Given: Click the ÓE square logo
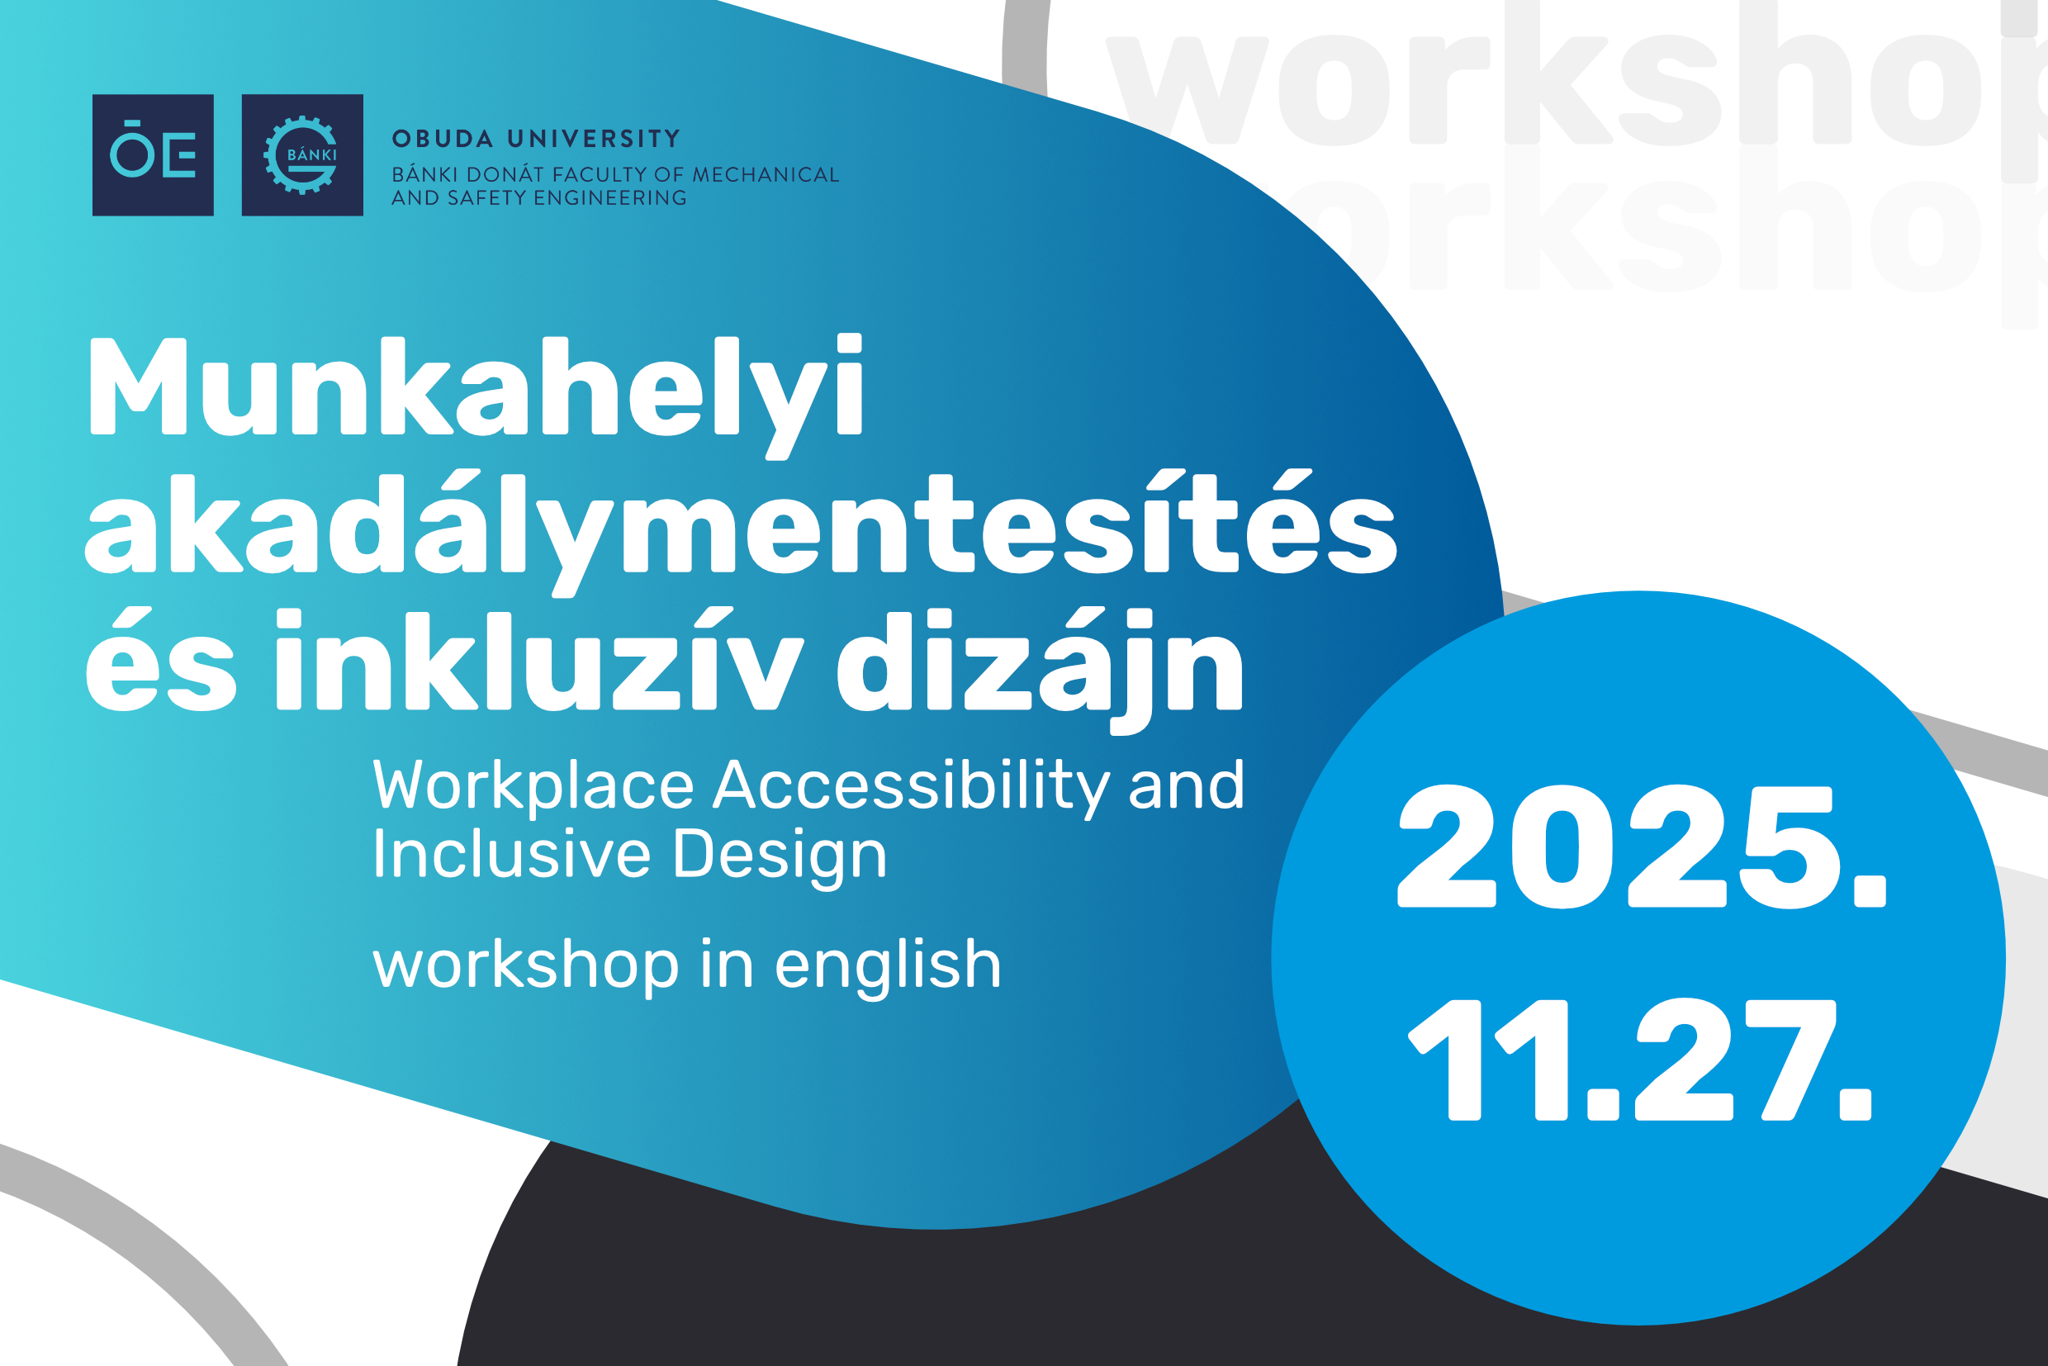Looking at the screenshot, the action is click(154, 155).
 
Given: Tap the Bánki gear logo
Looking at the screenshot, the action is click(302, 155).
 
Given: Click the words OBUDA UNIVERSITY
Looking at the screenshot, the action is click(537, 140).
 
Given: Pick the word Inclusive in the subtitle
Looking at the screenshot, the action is click(511, 854).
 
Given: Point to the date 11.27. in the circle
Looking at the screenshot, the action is click(1639, 1060).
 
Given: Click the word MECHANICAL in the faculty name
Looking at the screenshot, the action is click(766, 175).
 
